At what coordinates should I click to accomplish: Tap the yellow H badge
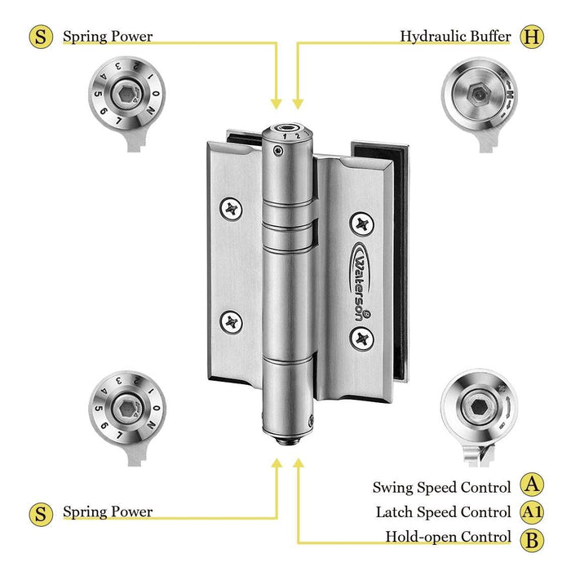pyautogui.click(x=533, y=36)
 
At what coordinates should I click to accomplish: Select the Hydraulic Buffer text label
pyautogui.click(x=455, y=37)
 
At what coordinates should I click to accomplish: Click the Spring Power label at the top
pyautogui.click(x=108, y=37)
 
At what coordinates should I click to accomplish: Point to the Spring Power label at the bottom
pyautogui.click(x=108, y=512)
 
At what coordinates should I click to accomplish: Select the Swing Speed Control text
pyautogui.click(x=441, y=487)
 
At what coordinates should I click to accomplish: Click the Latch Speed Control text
pyautogui.click(x=443, y=512)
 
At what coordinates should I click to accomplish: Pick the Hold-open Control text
pyautogui.click(x=448, y=538)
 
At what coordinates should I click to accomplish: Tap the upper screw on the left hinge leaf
pyautogui.click(x=232, y=209)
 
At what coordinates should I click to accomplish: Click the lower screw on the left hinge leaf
pyautogui.click(x=232, y=321)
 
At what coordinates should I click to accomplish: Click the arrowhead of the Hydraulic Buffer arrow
pyautogui.click(x=299, y=104)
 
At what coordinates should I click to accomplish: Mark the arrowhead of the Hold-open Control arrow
pyautogui.click(x=299, y=463)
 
